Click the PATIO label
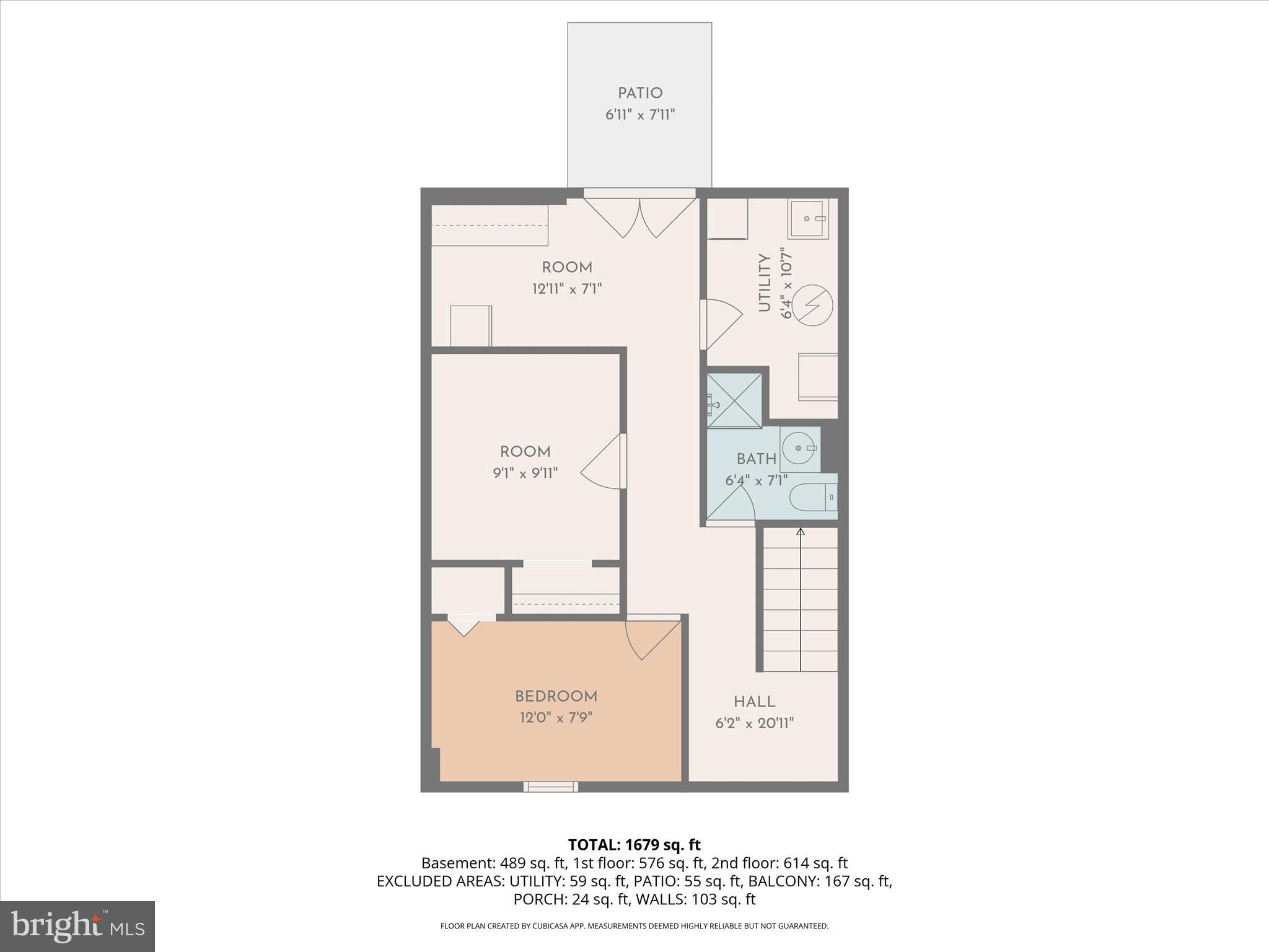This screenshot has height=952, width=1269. pos(640,94)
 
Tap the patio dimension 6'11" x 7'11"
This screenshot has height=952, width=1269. pos(640,115)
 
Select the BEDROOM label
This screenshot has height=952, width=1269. pos(556,697)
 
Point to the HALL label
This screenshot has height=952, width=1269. pos(754,702)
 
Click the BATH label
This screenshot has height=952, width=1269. pos(756,459)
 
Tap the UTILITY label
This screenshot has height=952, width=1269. pos(765,283)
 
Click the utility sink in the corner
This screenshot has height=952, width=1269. pos(808,219)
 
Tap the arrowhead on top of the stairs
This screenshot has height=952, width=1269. pos(801,532)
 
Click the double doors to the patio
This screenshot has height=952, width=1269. pos(640,217)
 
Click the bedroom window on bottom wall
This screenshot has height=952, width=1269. pos(551,787)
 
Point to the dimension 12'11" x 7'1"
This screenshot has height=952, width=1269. pos(567,289)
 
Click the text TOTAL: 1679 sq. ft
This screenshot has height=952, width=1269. pos(634,845)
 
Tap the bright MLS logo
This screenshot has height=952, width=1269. pos(77,926)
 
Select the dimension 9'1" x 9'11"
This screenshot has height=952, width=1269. pos(525,474)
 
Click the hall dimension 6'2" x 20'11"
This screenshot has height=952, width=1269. pos(754,723)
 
